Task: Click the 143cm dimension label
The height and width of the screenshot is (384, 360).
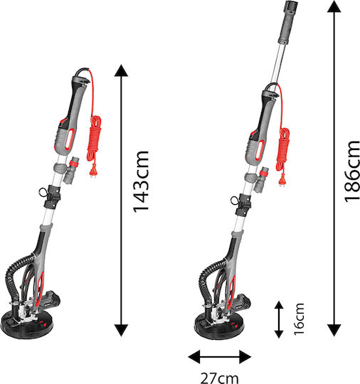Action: (x=141, y=181)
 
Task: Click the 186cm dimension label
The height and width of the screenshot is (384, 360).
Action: (x=352, y=171)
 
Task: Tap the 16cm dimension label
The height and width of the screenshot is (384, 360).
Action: (x=299, y=319)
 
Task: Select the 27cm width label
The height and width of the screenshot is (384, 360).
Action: (x=219, y=378)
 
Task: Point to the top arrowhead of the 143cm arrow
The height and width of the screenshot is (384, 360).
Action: (x=122, y=70)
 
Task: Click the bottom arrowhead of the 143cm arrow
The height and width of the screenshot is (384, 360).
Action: (x=122, y=331)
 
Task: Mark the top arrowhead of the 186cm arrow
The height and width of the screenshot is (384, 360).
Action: (x=334, y=6)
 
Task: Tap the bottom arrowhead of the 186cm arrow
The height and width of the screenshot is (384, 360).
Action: (x=334, y=331)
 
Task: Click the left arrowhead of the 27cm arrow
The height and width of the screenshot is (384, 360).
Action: (x=194, y=357)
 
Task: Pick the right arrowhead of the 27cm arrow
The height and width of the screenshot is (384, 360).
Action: (x=245, y=357)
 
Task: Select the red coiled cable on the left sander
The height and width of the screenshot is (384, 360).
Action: (x=95, y=139)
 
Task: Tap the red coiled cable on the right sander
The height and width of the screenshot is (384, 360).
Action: (x=284, y=149)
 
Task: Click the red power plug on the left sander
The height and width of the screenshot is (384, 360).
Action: (x=94, y=170)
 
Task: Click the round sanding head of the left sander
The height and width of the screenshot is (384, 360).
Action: (x=27, y=325)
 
